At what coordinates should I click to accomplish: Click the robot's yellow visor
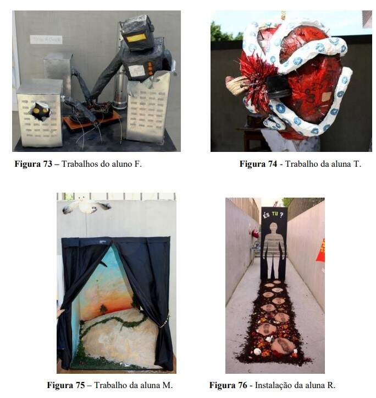tap(136, 37)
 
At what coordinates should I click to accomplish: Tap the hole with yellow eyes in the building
tap(41, 111)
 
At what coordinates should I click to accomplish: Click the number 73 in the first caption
tap(47, 164)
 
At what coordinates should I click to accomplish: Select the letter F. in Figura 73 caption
tap(138, 164)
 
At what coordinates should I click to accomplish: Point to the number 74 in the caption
tap(272, 164)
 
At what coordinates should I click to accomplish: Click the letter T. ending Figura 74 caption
tap(357, 164)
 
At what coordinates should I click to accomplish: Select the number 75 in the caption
tap(80, 385)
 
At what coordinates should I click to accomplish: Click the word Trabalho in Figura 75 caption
tap(110, 385)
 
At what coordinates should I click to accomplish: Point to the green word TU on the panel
tap(275, 214)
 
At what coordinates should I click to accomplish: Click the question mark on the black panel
tap(281, 215)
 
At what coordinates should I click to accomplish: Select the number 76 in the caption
tap(242, 385)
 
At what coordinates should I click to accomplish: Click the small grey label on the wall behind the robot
tap(46, 39)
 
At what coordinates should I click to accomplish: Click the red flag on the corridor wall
tap(320, 250)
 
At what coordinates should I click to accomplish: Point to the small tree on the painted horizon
tap(103, 309)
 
